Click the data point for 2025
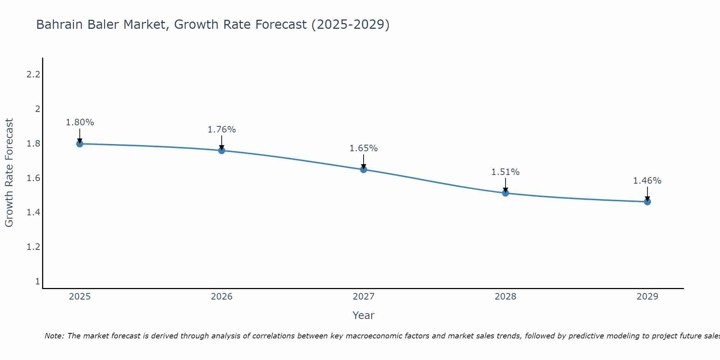80,144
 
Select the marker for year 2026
221,150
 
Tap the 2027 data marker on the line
364,170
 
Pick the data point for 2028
505,193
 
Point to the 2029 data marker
647,202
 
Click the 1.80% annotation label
80,122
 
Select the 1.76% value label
221,129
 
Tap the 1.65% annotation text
364,148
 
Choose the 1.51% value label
505,172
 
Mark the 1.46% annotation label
647,181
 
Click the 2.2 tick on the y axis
33,75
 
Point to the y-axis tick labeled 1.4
33,212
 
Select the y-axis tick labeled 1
37,281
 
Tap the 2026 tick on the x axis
221,297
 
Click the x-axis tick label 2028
505,297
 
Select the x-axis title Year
363,315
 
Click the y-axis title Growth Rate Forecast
9,173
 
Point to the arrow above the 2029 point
647,193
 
